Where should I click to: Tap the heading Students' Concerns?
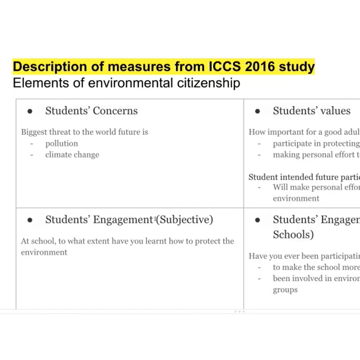click(91, 111)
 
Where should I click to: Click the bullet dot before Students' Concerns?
click(30, 112)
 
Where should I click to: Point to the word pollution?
click(61, 143)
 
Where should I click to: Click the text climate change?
click(72, 155)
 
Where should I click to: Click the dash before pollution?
click(32, 144)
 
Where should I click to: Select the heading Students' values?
click(311, 111)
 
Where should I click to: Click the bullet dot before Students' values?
click(257, 112)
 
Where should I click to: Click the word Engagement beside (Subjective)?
click(123, 220)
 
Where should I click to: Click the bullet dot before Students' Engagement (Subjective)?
click(30, 220)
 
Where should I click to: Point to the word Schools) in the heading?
click(293, 234)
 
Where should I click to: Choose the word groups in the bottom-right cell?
click(285, 290)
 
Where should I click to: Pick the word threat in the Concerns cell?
click(60, 132)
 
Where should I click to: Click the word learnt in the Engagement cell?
click(160, 241)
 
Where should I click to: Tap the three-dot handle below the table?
click(239, 311)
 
